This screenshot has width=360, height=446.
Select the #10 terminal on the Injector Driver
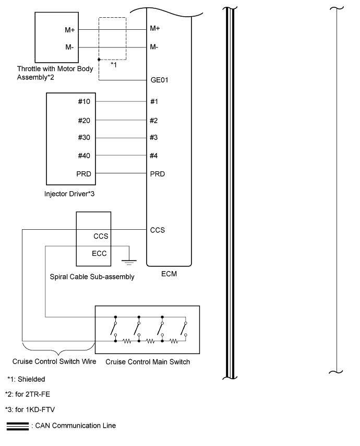tap(84, 101)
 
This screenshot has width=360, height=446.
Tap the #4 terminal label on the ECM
tap(154, 156)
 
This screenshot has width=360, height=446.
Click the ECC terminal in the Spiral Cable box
tap(100, 254)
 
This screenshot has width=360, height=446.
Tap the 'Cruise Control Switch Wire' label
tap(54, 361)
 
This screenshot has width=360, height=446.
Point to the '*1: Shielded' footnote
tap(26, 379)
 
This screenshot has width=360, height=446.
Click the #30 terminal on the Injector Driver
tap(84, 138)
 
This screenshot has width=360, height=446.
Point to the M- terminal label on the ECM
tap(154, 47)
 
